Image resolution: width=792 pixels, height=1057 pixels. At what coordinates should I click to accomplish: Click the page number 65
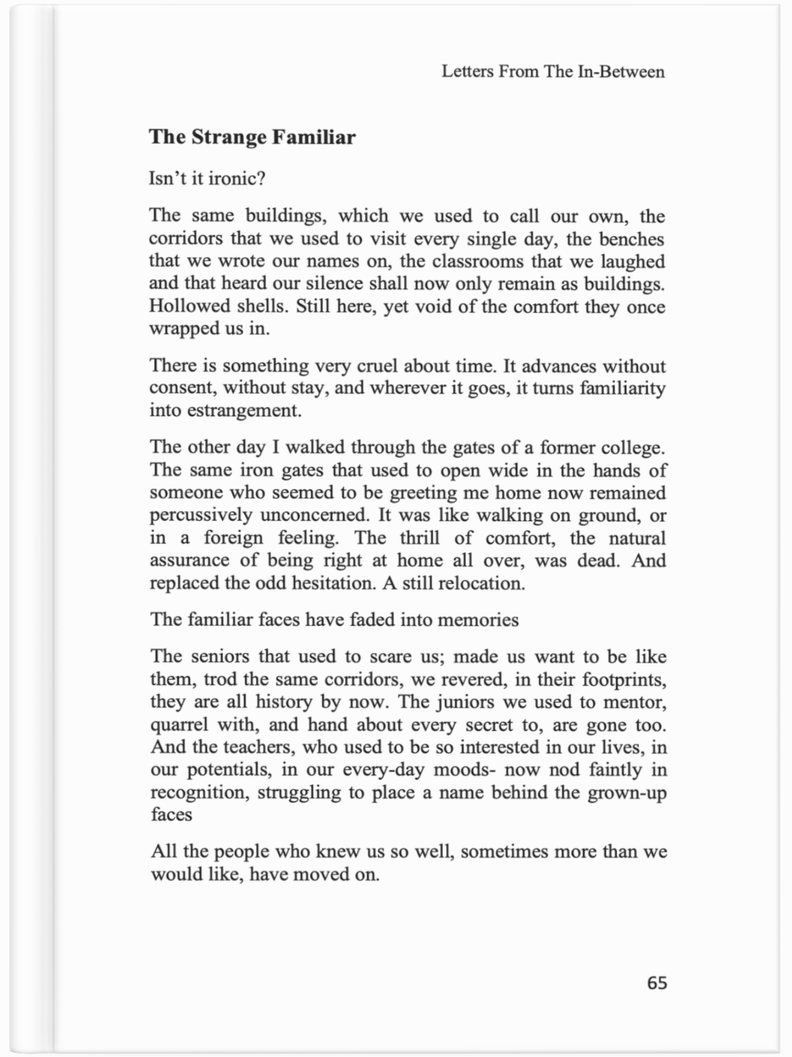point(657,983)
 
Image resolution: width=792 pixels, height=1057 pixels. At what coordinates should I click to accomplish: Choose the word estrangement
point(244,410)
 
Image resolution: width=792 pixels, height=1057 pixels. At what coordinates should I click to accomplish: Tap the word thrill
point(419,538)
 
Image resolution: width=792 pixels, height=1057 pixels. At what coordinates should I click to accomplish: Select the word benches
point(631,239)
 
